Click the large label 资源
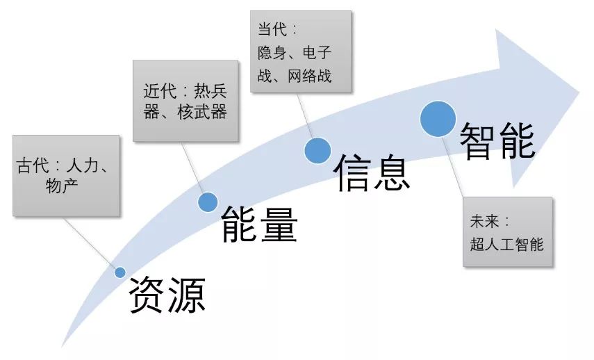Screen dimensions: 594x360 [x=167, y=294]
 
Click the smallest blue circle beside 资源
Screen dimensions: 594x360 [x=119, y=272]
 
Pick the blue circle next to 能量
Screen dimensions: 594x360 [x=208, y=202]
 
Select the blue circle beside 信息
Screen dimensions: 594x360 [x=317, y=149]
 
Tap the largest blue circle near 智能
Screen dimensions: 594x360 [x=438, y=118]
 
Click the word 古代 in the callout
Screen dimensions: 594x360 [x=32, y=167]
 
